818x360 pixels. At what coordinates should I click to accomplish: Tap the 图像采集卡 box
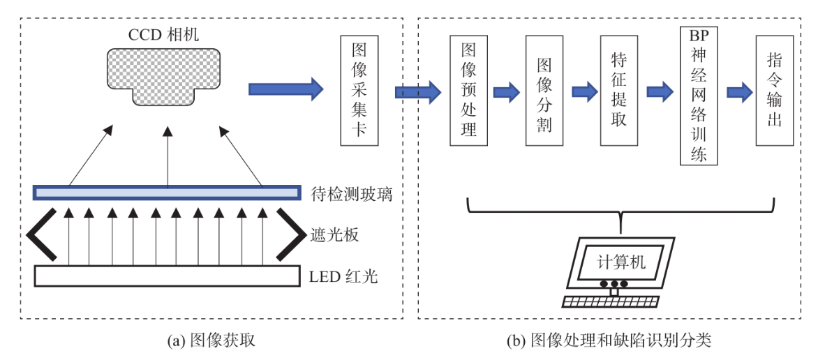coord(359,90)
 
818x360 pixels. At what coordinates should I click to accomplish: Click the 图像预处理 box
coord(469,90)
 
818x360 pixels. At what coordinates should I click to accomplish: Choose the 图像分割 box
coord(544,90)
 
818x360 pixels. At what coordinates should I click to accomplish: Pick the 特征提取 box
coord(618,90)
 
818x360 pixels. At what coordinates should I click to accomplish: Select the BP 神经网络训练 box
coord(699,95)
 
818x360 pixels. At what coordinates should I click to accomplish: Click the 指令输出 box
coord(774,90)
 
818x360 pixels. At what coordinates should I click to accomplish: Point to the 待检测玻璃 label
coord(351,193)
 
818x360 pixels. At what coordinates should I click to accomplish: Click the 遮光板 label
coord(334,234)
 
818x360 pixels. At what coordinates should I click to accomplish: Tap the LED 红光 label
coord(343,276)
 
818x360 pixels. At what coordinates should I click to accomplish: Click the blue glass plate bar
coord(168,193)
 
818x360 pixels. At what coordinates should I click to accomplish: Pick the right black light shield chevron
coord(289,234)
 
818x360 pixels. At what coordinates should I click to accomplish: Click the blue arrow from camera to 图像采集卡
coord(286,89)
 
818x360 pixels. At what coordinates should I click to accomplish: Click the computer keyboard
coord(611,301)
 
